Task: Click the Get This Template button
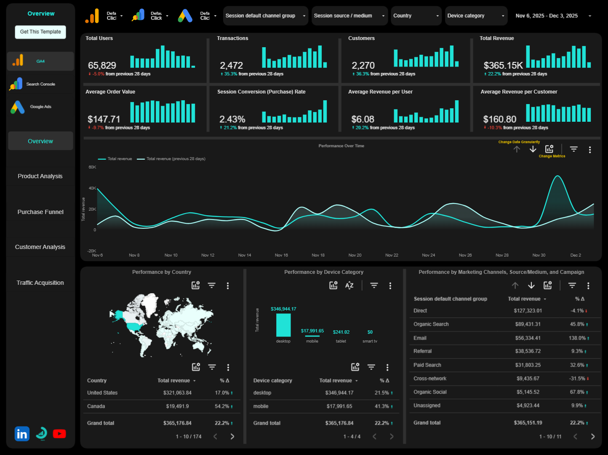coord(40,32)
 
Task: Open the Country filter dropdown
coord(416,16)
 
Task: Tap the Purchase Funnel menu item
coord(40,212)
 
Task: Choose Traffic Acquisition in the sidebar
coord(40,283)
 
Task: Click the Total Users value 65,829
coord(102,66)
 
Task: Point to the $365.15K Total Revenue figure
coord(503,66)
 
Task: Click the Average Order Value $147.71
coord(104,119)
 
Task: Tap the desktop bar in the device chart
coord(283,325)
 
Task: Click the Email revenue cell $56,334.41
coord(528,338)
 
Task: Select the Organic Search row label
coord(431,324)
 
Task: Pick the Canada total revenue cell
coord(177,407)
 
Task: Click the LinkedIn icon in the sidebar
coord(22,434)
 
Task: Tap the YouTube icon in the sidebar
coord(59,434)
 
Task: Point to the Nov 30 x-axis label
coord(539,255)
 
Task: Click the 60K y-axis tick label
coord(92,167)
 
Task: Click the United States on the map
coord(134,327)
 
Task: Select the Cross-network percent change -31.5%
coord(577,379)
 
